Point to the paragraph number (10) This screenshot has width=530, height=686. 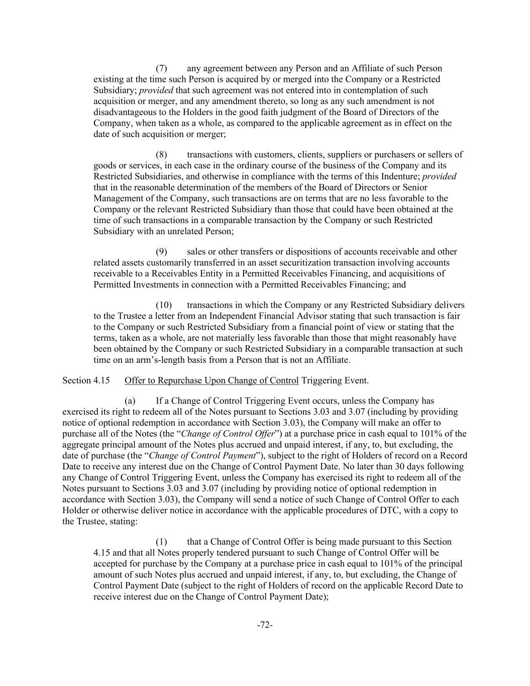coord(163,305)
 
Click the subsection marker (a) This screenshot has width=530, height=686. coord(130,401)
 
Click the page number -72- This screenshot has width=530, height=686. coord(265,625)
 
